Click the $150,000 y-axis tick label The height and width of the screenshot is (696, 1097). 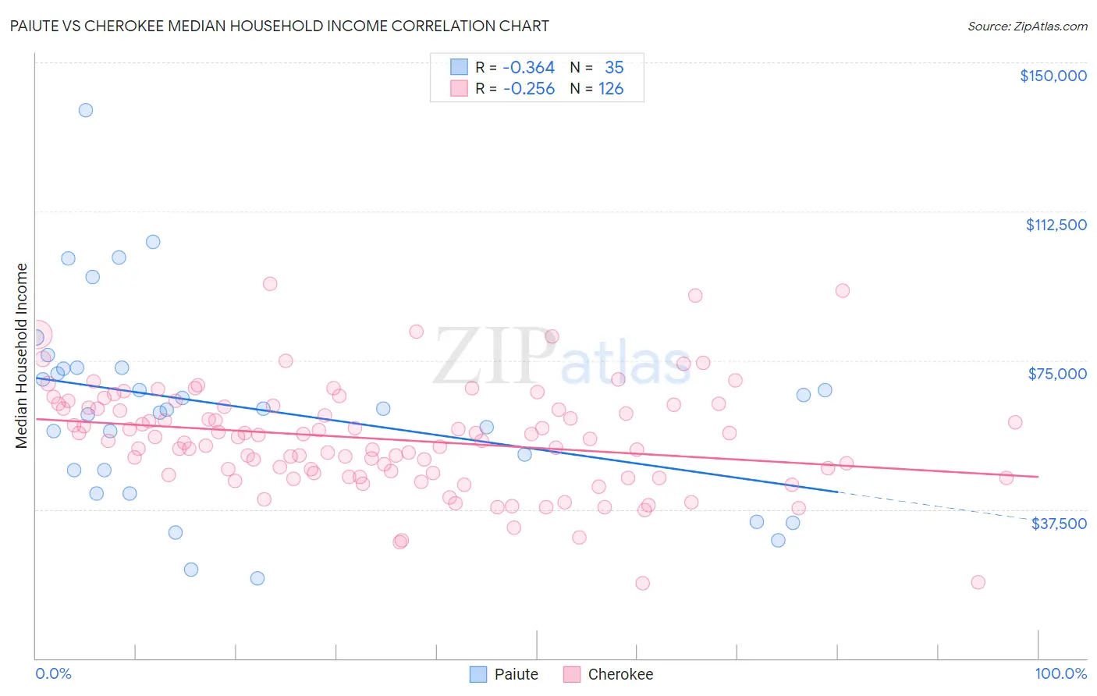[x=1053, y=76]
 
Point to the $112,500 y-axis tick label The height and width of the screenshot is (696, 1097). [x=1056, y=225]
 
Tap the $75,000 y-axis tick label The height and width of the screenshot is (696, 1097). [x=1057, y=374]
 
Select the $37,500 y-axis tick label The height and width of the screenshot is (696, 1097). [x=1059, y=524]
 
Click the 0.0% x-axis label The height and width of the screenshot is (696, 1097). [x=53, y=673]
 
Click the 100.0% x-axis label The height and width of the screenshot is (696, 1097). [x=1060, y=673]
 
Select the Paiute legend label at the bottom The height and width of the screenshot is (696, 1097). [x=516, y=674]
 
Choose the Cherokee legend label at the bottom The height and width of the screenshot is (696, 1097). [x=620, y=674]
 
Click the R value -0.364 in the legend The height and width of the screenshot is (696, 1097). [x=528, y=68]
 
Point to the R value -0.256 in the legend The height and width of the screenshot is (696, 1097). [x=528, y=89]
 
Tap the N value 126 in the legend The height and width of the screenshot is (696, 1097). [x=611, y=89]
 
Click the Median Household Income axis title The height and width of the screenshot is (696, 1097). [x=22, y=356]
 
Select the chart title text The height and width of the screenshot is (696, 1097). [x=279, y=26]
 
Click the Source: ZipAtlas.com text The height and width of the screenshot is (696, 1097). [x=1027, y=27]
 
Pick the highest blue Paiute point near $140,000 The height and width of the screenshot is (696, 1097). [x=86, y=110]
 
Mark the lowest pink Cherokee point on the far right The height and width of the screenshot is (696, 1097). [x=978, y=582]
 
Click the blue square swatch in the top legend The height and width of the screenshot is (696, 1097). [x=459, y=68]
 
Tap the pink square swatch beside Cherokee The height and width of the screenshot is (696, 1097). [x=572, y=674]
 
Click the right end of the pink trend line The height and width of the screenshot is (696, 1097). [x=1038, y=477]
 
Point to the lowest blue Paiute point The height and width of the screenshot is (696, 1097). [x=257, y=578]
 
